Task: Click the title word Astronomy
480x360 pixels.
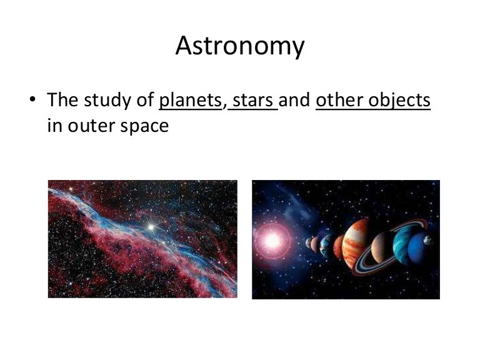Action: (x=240, y=46)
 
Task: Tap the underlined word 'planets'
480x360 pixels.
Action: (x=191, y=100)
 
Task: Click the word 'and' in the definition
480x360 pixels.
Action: (x=296, y=100)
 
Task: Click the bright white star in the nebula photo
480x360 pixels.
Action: (x=150, y=227)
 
